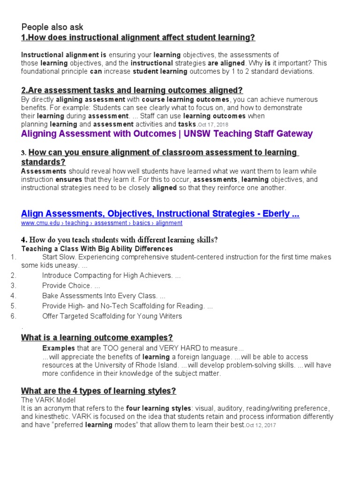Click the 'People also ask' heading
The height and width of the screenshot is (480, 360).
click(x=52, y=27)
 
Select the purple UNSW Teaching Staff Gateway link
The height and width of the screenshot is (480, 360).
click(x=167, y=134)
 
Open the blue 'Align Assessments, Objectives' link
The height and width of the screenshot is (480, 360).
click(x=160, y=214)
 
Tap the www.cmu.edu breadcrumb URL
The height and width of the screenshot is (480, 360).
click(x=102, y=223)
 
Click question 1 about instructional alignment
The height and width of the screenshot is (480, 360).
click(x=138, y=37)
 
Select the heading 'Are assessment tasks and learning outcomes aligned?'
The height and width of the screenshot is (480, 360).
click(x=132, y=90)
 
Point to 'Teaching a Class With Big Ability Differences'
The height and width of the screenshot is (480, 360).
click(x=97, y=248)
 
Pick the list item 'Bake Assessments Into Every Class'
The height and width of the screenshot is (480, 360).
click(x=104, y=296)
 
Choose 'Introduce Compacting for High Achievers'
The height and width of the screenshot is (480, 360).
click(x=111, y=276)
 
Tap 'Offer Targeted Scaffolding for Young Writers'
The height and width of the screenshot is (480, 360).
click(x=112, y=316)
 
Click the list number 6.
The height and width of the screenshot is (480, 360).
click(x=13, y=316)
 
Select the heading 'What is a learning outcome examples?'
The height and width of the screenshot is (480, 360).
click(x=97, y=337)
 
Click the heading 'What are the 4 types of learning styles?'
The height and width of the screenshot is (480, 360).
click(x=98, y=391)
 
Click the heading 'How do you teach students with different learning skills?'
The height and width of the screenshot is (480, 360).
click(x=120, y=240)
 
